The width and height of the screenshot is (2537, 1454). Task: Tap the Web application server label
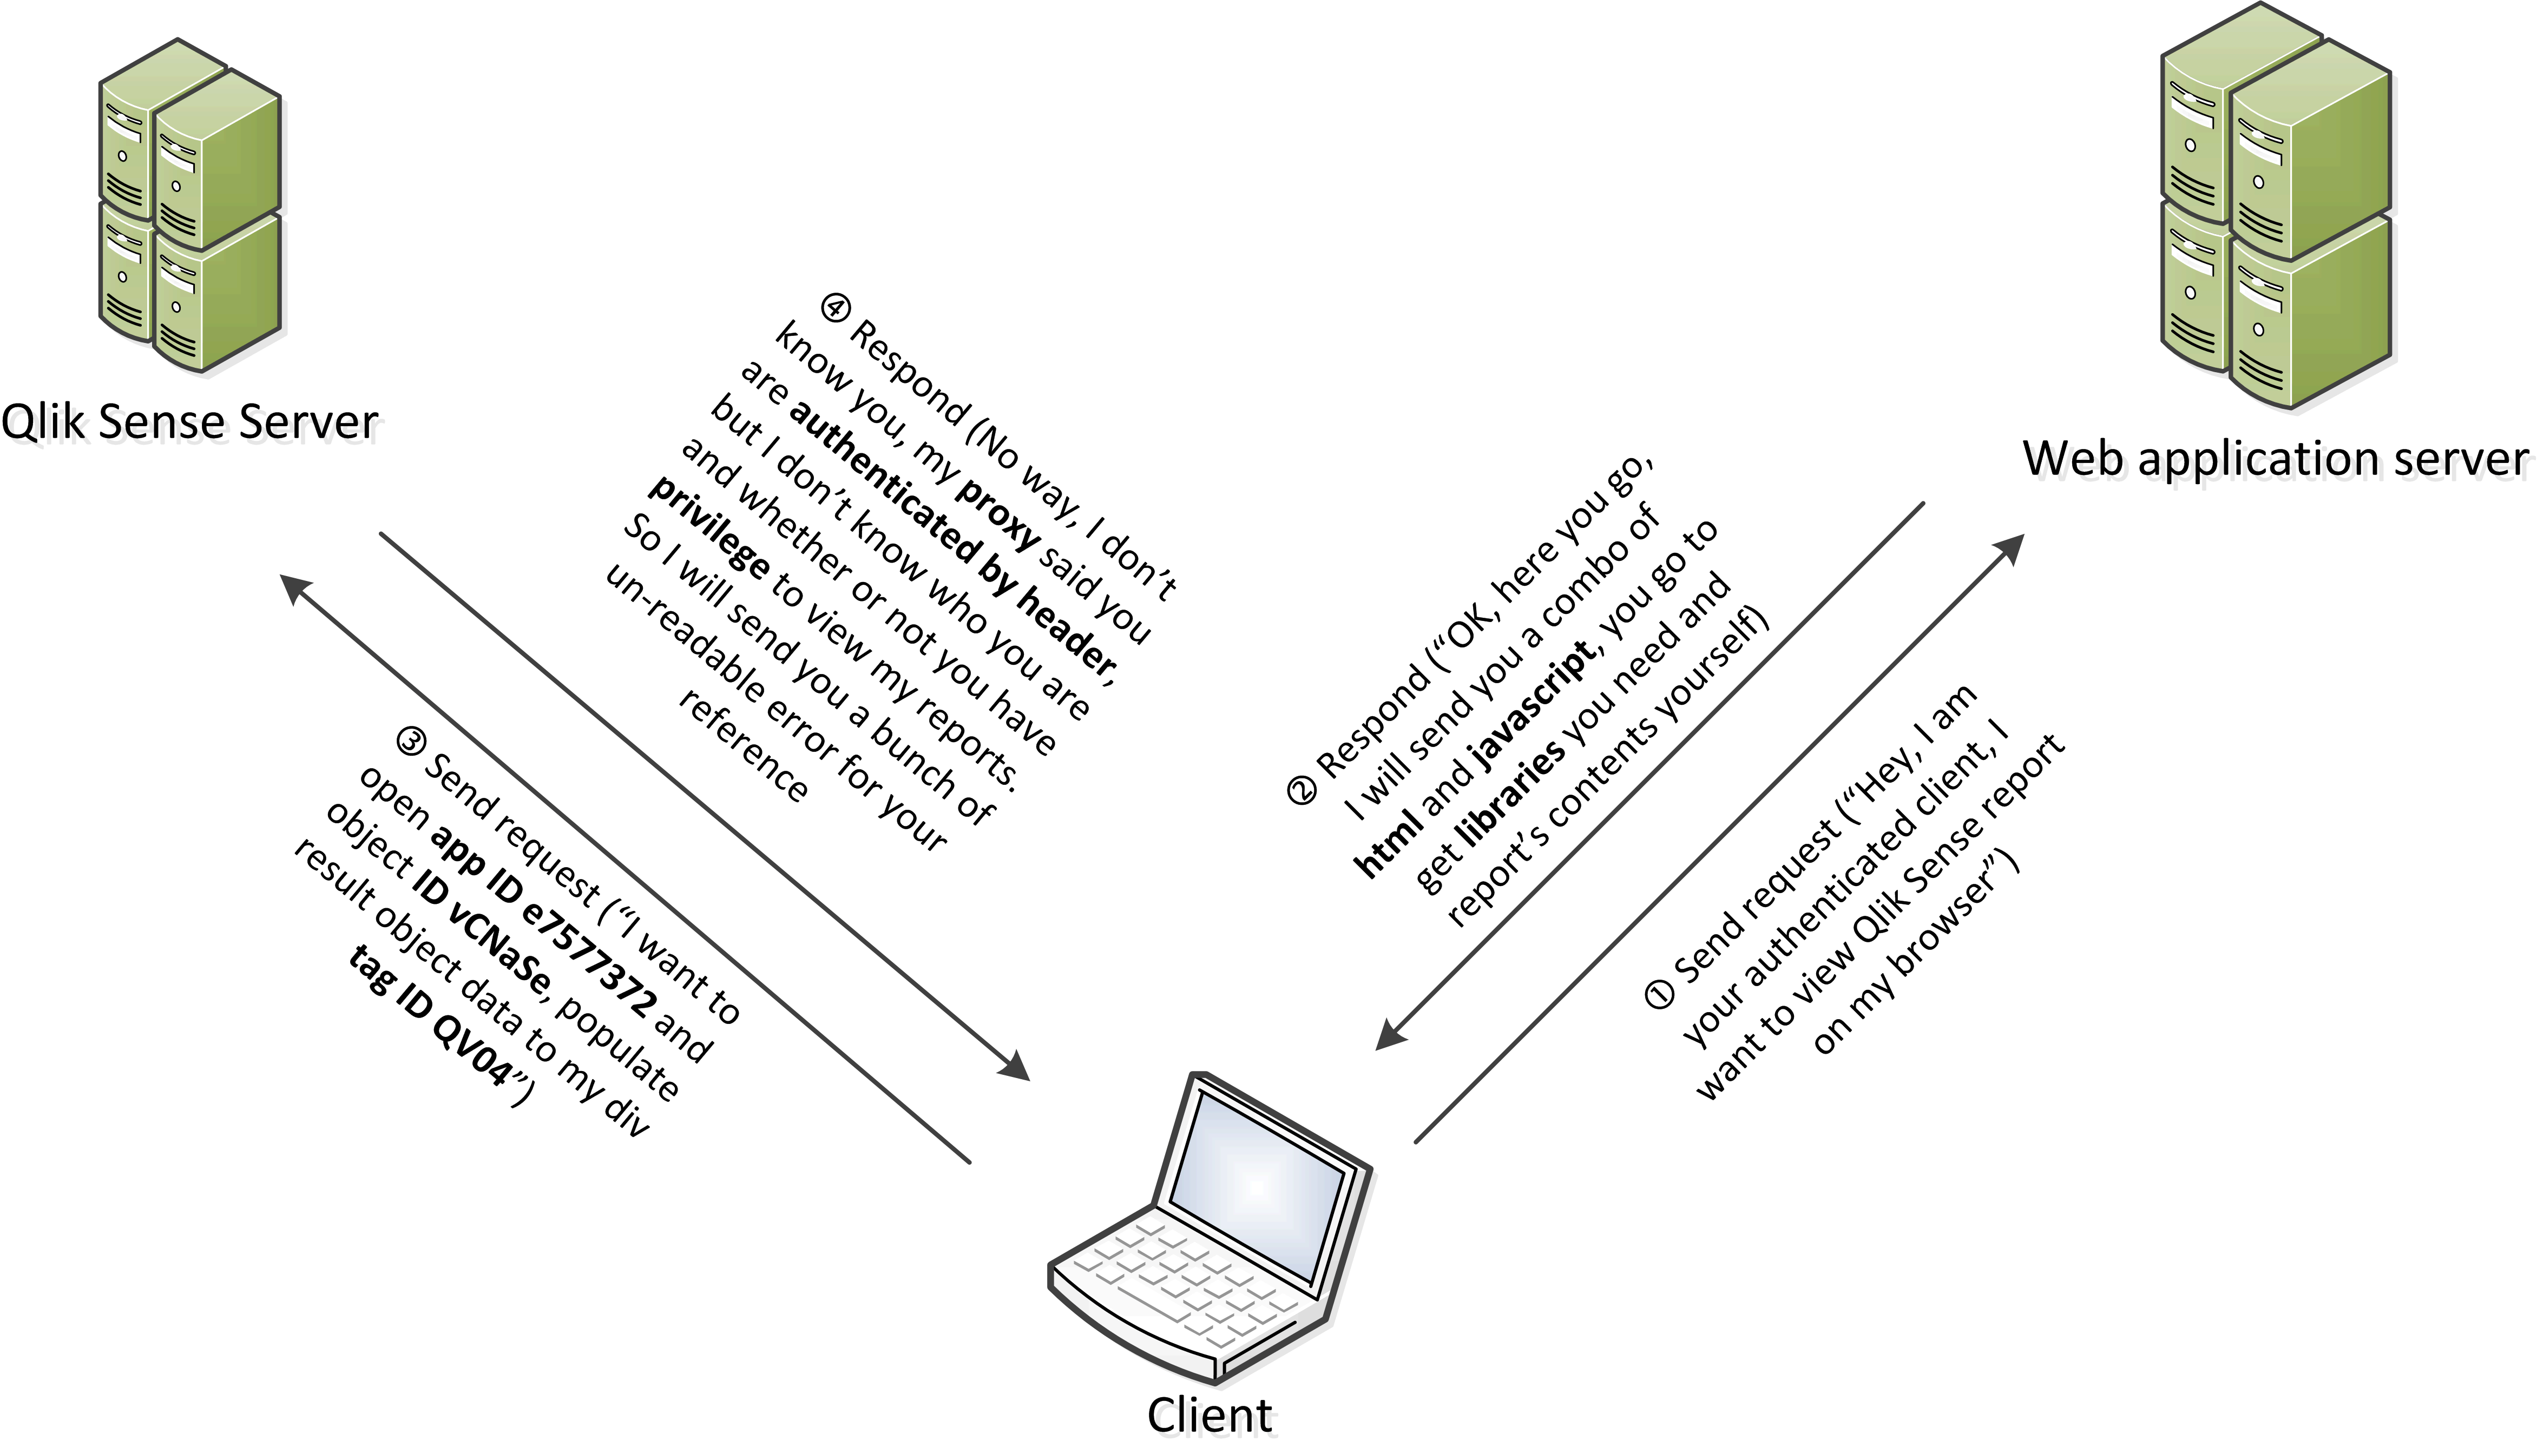[2275, 459]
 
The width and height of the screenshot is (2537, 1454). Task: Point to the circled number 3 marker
[411, 740]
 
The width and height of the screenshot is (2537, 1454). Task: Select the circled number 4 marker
[835, 306]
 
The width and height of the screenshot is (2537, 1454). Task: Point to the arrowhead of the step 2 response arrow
[1395, 1032]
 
